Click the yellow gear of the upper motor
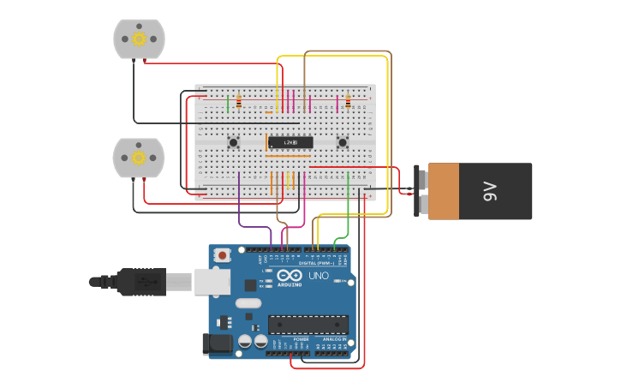(139, 38)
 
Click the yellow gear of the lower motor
(138, 158)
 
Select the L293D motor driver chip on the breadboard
(289, 142)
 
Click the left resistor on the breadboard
(238, 103)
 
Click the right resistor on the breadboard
(348, 102)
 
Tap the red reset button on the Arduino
(224, 255)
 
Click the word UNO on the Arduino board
(318, 276)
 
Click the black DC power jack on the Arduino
(216, 344)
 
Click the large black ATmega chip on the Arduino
(308, 325)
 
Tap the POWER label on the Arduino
(301, 339)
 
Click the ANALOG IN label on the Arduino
(333, 339)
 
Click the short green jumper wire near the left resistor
(228, 104)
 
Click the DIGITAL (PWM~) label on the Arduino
(317, 263)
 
